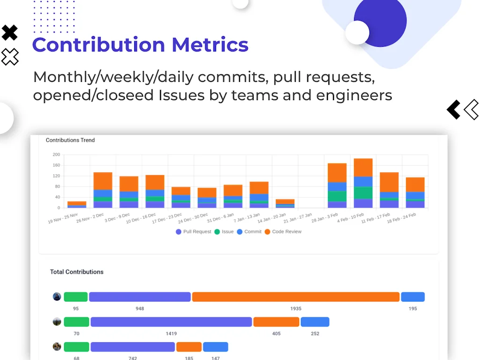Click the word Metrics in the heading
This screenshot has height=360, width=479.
(x=210, y=45)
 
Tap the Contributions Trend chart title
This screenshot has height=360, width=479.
(x=70, y=140)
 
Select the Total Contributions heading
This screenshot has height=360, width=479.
(x=77, y=272)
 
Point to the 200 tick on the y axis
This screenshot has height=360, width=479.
(x=56, y=154)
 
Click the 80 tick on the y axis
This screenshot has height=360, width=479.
(x=57, y=186)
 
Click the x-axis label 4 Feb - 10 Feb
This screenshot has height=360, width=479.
(x=351, y=218)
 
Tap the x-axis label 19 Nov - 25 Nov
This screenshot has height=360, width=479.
(x=63, y=218)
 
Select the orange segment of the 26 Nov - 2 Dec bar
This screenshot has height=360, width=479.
(x=103, y=181)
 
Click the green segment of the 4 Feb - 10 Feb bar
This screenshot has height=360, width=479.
(x=363, y=193)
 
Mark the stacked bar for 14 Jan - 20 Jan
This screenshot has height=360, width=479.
(x=285, y=203)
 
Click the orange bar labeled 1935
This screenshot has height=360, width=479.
(x=296, y=297)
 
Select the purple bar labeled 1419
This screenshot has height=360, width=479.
(x=171, y=322)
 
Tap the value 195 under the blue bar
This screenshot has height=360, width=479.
(x=413, y=309)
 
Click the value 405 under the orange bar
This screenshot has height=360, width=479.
(x=276, y=333)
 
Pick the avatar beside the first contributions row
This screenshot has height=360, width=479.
(x=57, y=297)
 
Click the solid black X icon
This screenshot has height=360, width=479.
(x=10, y=33)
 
